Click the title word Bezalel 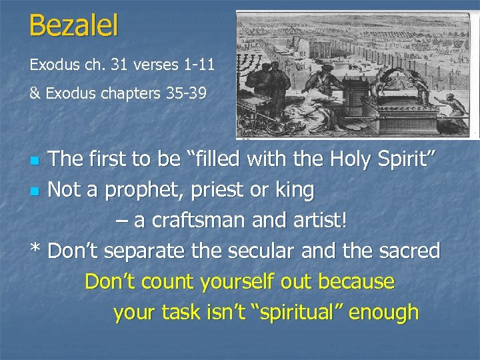[x=74, y=26]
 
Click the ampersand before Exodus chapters [x=35, y=94]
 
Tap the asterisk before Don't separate [x=36, y=251]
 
